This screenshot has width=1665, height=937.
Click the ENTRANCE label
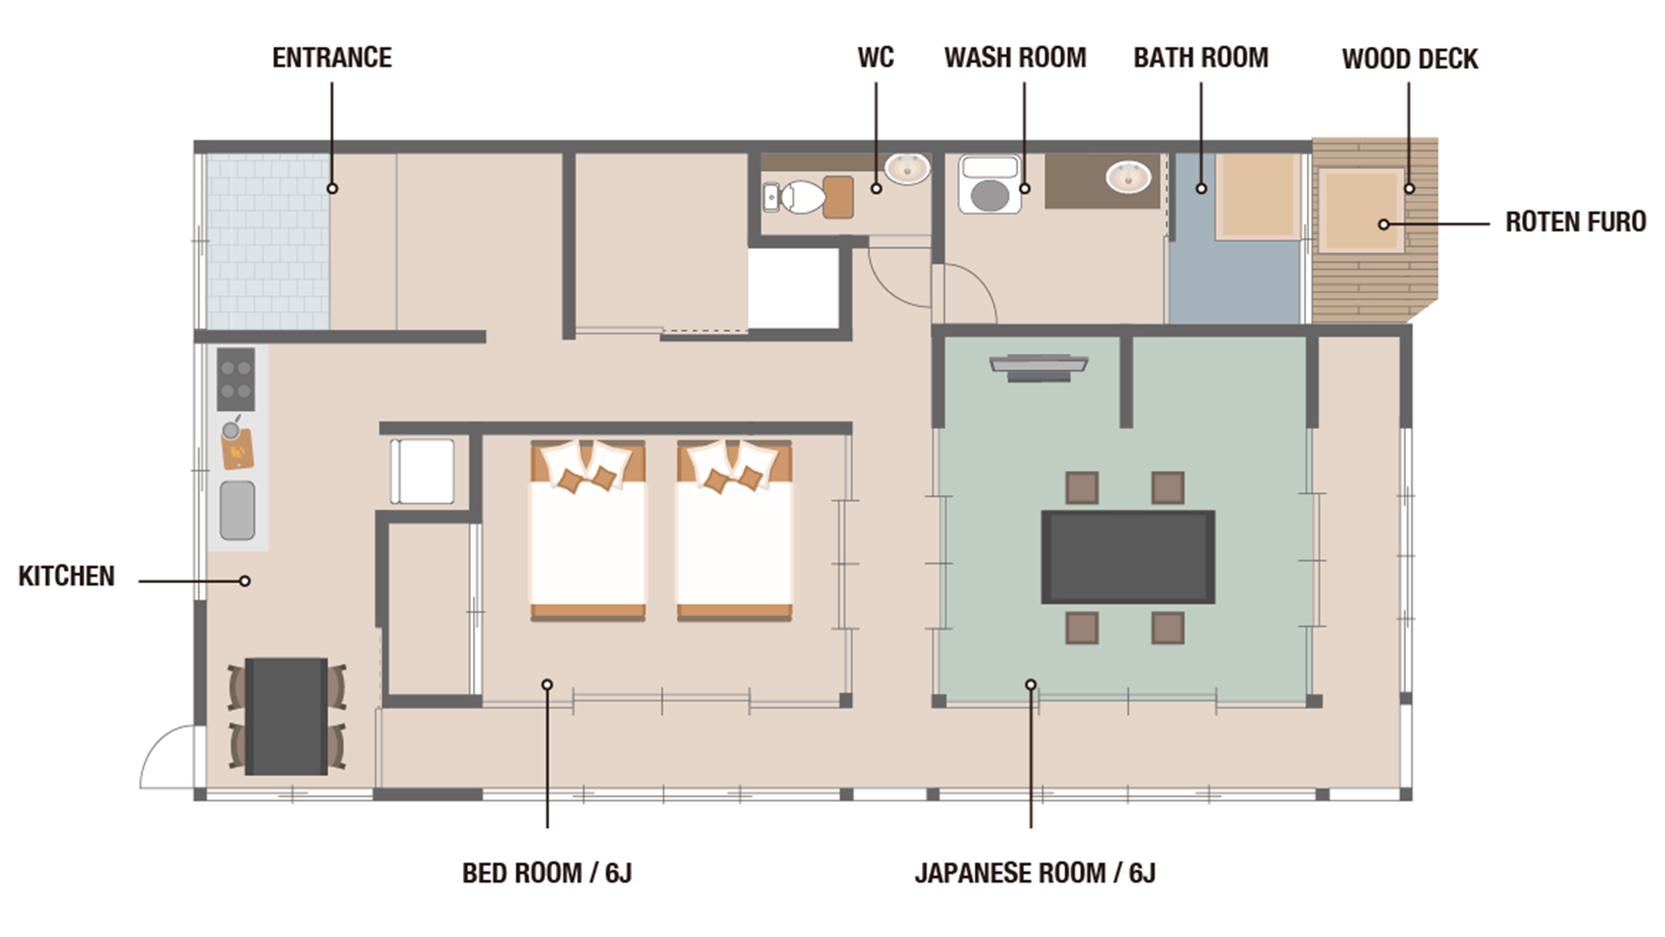(331, 57)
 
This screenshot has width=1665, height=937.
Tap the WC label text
(875, 57)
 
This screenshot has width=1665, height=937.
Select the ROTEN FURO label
(1575, 222)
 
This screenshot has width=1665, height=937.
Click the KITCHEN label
(67, 576)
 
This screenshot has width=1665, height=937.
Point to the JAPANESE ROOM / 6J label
(1035, 873)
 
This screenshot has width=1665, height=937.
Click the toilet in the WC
(798, 197)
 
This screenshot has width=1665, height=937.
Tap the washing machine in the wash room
(989, 185)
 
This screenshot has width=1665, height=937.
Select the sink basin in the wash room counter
(1128, 177)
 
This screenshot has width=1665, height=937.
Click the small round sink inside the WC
(907, 169)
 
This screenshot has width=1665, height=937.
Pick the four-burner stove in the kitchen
(236, 379)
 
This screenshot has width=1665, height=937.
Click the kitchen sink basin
(237, 510)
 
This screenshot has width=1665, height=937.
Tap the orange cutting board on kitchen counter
(237, 451)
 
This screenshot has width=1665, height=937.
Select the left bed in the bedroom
(588, 531)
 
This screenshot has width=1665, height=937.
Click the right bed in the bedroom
(733, 531)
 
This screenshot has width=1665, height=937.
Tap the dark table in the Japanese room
(1127, 556)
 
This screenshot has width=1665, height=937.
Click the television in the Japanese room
(1038, 366)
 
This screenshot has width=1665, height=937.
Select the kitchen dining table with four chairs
(286, 716)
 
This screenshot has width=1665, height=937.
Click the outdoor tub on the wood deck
(1360, 209)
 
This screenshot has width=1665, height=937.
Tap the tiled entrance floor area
(267, 242)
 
